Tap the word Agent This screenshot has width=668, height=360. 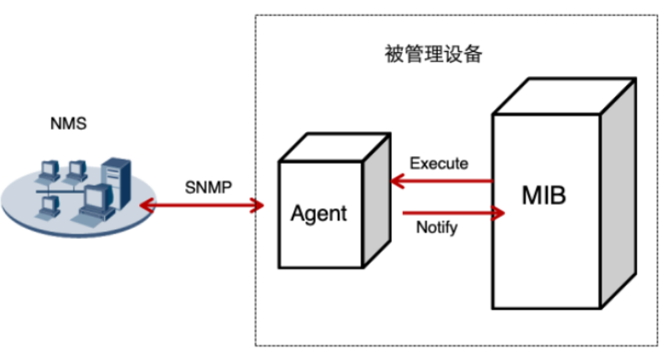[318, 212]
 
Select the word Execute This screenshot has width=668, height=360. [439, 164]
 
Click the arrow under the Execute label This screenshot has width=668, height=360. [444, 180]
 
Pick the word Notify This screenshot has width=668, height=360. [437, 228]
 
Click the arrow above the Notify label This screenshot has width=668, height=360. [448, 212]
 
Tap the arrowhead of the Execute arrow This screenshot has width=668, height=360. [397, 180]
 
